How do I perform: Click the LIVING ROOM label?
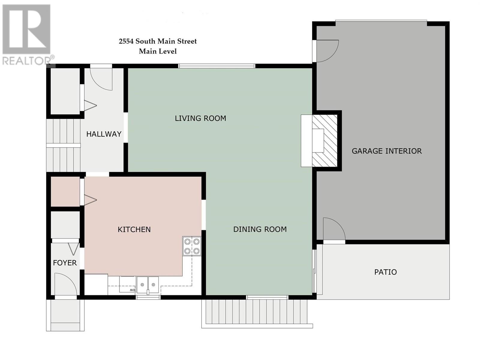pos(200,118)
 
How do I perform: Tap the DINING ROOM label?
pos(260,229)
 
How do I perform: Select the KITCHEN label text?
pos(134,229)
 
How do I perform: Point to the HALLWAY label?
pos(104,134)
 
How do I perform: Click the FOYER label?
pos(65,263)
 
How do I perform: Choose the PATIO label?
pos(385,272)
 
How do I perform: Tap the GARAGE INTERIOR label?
pos(387,151)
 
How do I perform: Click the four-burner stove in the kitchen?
pos(192,246)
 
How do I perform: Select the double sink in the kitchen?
pos(148,285)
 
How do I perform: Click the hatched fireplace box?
pos(325,141)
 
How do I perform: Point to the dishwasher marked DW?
pos(127,285)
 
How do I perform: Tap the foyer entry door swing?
pos(66,284)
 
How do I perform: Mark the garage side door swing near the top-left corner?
pos(327,51)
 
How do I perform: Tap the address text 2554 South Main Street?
pos(158,41)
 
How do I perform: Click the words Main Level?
pos(158,51)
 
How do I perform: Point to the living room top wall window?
pos(217,66)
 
